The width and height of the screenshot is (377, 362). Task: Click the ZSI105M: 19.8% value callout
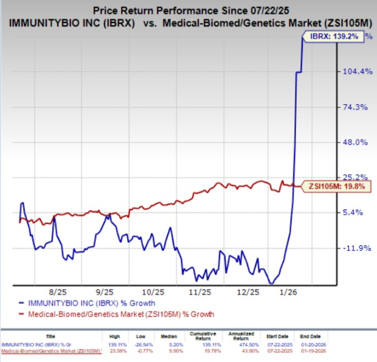[x=337, y=186]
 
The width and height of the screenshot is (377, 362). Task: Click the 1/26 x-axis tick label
[x=297, y=291]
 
